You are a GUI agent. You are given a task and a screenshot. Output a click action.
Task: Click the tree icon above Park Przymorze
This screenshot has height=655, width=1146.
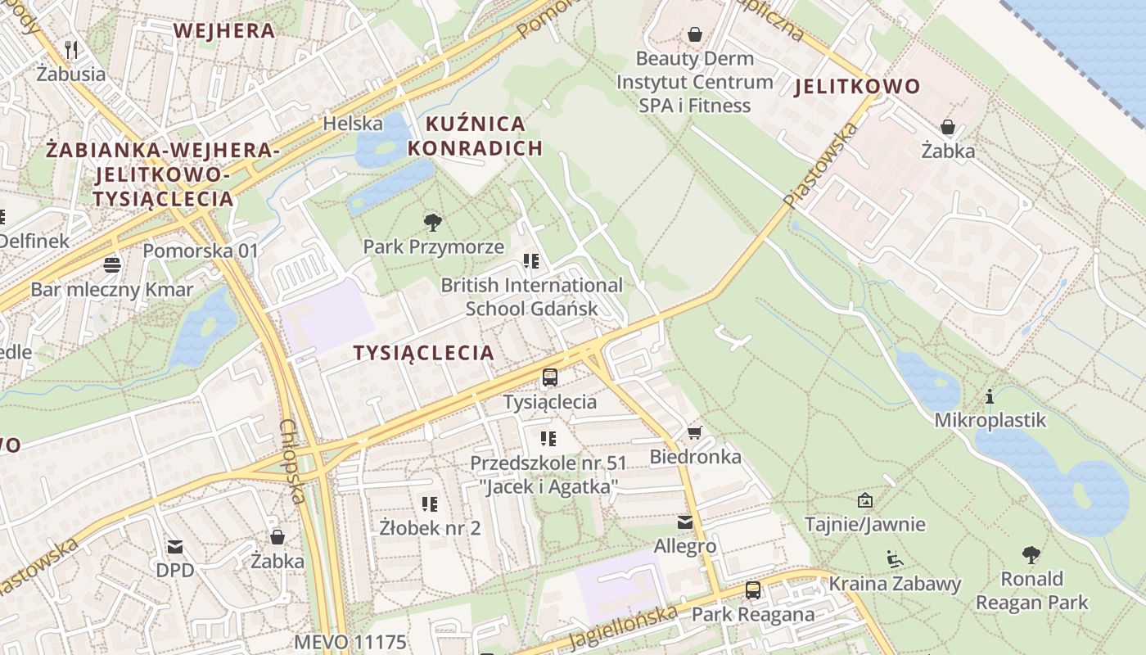pyautogui.click(x=432, y=222)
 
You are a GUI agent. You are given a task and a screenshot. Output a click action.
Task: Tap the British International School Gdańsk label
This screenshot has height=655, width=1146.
pyautogui.click(x=532, y=297)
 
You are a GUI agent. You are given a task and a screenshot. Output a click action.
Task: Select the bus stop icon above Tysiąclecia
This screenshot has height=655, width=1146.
pyautogui.click(x=550, y=377)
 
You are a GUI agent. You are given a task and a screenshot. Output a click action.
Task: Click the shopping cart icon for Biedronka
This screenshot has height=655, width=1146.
pyautogui.click(x=694, y=432)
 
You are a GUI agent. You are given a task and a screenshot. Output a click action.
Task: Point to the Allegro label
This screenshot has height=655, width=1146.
pyautogui.click(x=685, y=546)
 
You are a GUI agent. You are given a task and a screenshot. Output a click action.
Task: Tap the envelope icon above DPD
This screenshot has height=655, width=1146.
pyautogui.click(x=174, y=546)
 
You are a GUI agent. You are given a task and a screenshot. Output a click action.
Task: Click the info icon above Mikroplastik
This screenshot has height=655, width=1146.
pyautogui.click(x=990, y=397)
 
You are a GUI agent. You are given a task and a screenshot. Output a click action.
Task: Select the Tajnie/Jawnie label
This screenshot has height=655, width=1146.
pyautogui.click(x=864, y=525)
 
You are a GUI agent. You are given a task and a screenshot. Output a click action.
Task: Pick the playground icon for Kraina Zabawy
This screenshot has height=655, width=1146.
pyautogui.click(x=895, y=560)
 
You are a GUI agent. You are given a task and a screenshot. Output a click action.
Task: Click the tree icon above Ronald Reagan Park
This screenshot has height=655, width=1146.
pyautogui.click(x=1031, y=555)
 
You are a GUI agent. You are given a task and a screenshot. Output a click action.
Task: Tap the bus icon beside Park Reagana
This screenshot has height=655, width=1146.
pyautogui.click(x=752, y=590)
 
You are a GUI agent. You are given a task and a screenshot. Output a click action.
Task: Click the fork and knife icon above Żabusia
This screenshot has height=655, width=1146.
pyautogui.click(x=71, y=50)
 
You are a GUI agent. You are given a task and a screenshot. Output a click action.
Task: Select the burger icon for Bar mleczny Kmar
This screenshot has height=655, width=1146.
pyautogui.click(x=112, y=265)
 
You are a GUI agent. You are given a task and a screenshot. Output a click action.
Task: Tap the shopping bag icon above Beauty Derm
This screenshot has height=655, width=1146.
pyautogui.click(x=695, y=34)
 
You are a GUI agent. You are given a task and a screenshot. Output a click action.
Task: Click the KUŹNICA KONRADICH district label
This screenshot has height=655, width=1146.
pyautogui.click(x=476, y=136)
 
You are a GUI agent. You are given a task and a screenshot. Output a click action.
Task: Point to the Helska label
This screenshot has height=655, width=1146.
pyautogui.click(x=353, y=124)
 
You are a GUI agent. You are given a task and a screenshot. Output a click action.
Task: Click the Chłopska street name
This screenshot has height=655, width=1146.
pyautogui.click(x=292, y=462)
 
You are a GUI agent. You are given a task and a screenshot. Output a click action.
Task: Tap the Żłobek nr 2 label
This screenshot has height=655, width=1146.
pyautogui.click(x=430, y=528)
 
